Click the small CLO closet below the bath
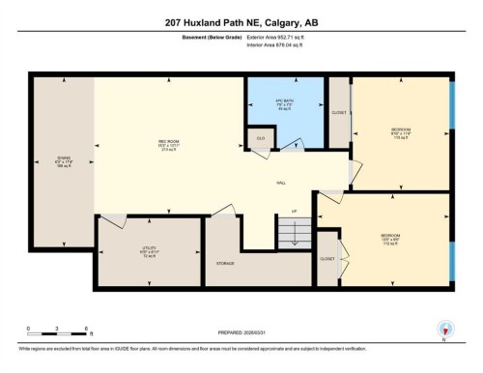pyautogui.click(x=261, y=139)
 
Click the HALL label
pyautogui.click(x=280, y=182)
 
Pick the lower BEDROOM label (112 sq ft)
pyautogui.click(x=390, y=236)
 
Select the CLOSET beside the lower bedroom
pyautogui.click(x=328, y=259)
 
